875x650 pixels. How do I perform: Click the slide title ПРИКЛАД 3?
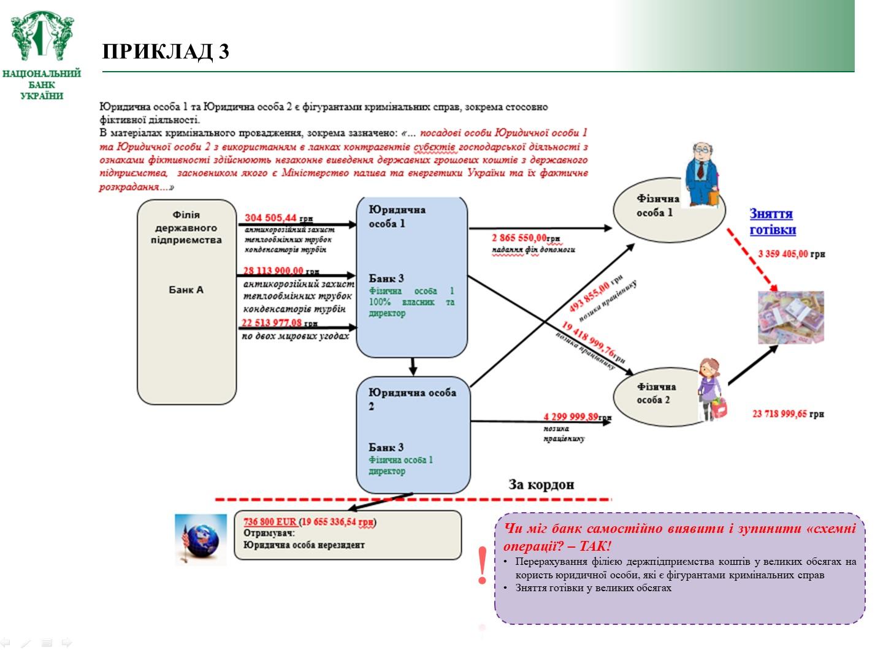(x=166, y=51)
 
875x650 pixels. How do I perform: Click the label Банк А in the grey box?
(x=186, y=290)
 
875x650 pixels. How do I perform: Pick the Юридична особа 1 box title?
(x=397, y=216)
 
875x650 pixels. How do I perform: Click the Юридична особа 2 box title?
(x=411, y=399)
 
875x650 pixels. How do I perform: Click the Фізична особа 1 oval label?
(x=657, y=206)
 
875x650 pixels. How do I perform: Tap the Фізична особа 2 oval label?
(x=655, y=393)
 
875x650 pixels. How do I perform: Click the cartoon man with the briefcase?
(x=701, y=175)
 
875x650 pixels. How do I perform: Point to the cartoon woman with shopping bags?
(x=712, y=390)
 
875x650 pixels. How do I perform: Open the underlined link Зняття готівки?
(x=772, y=222)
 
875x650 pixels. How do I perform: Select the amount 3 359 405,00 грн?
(x=791, y=254)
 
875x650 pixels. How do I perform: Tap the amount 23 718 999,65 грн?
(x=788, y=414)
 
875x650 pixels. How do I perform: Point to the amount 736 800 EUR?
(x=270, y=522)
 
